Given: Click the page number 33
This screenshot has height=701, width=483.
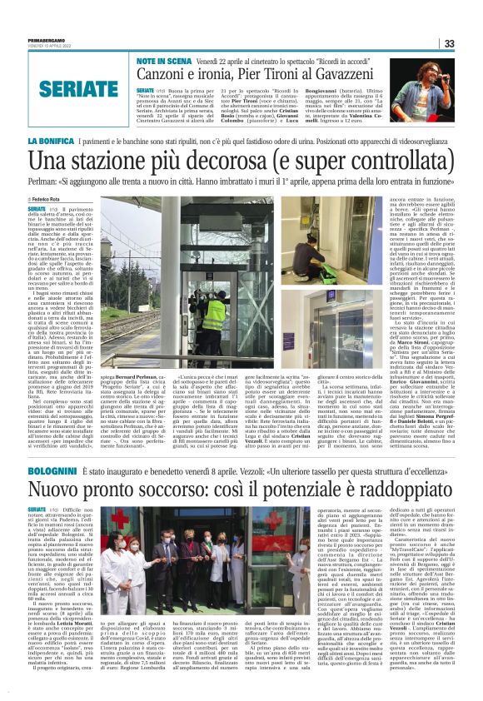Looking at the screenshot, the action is (471, 43).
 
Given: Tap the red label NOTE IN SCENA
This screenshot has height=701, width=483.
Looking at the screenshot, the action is (160, 61).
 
